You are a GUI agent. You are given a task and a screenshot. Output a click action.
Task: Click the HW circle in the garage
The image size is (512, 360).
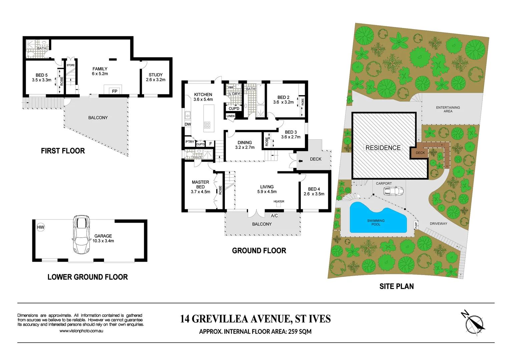point(41,227)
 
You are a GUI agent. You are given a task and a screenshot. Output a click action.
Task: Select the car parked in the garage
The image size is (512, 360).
point(81,234)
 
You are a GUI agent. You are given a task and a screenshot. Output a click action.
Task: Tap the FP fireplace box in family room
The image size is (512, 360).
point(114,91)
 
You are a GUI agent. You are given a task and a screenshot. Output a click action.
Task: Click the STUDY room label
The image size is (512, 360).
point(155,75)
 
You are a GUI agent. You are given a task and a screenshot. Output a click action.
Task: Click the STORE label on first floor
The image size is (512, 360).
point(71,65)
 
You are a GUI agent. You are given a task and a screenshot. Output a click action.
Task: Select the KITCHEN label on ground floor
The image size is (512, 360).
point(203,95)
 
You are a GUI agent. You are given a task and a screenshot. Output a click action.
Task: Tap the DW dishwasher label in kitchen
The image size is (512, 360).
point(188,124)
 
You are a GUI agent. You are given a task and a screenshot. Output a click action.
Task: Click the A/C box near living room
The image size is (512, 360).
point(274,216)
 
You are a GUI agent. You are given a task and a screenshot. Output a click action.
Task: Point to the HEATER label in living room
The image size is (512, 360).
point(279,201)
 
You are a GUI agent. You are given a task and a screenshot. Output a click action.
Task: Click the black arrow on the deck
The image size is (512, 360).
point(300,161)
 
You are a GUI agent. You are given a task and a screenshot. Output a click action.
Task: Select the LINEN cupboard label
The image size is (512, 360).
point(230,116)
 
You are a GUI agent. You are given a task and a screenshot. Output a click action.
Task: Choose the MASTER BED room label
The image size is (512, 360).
point(200,184)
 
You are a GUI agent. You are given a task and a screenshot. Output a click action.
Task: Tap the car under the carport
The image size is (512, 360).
point(393,191)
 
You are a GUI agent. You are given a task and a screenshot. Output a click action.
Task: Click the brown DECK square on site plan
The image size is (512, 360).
point(420,153)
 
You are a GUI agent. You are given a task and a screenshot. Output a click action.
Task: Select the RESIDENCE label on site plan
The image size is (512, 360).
point(383,148)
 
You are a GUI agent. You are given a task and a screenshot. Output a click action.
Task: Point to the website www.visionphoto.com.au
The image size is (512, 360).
point(81,331)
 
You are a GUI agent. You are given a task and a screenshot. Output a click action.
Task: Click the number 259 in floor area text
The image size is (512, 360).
point(293,332)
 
